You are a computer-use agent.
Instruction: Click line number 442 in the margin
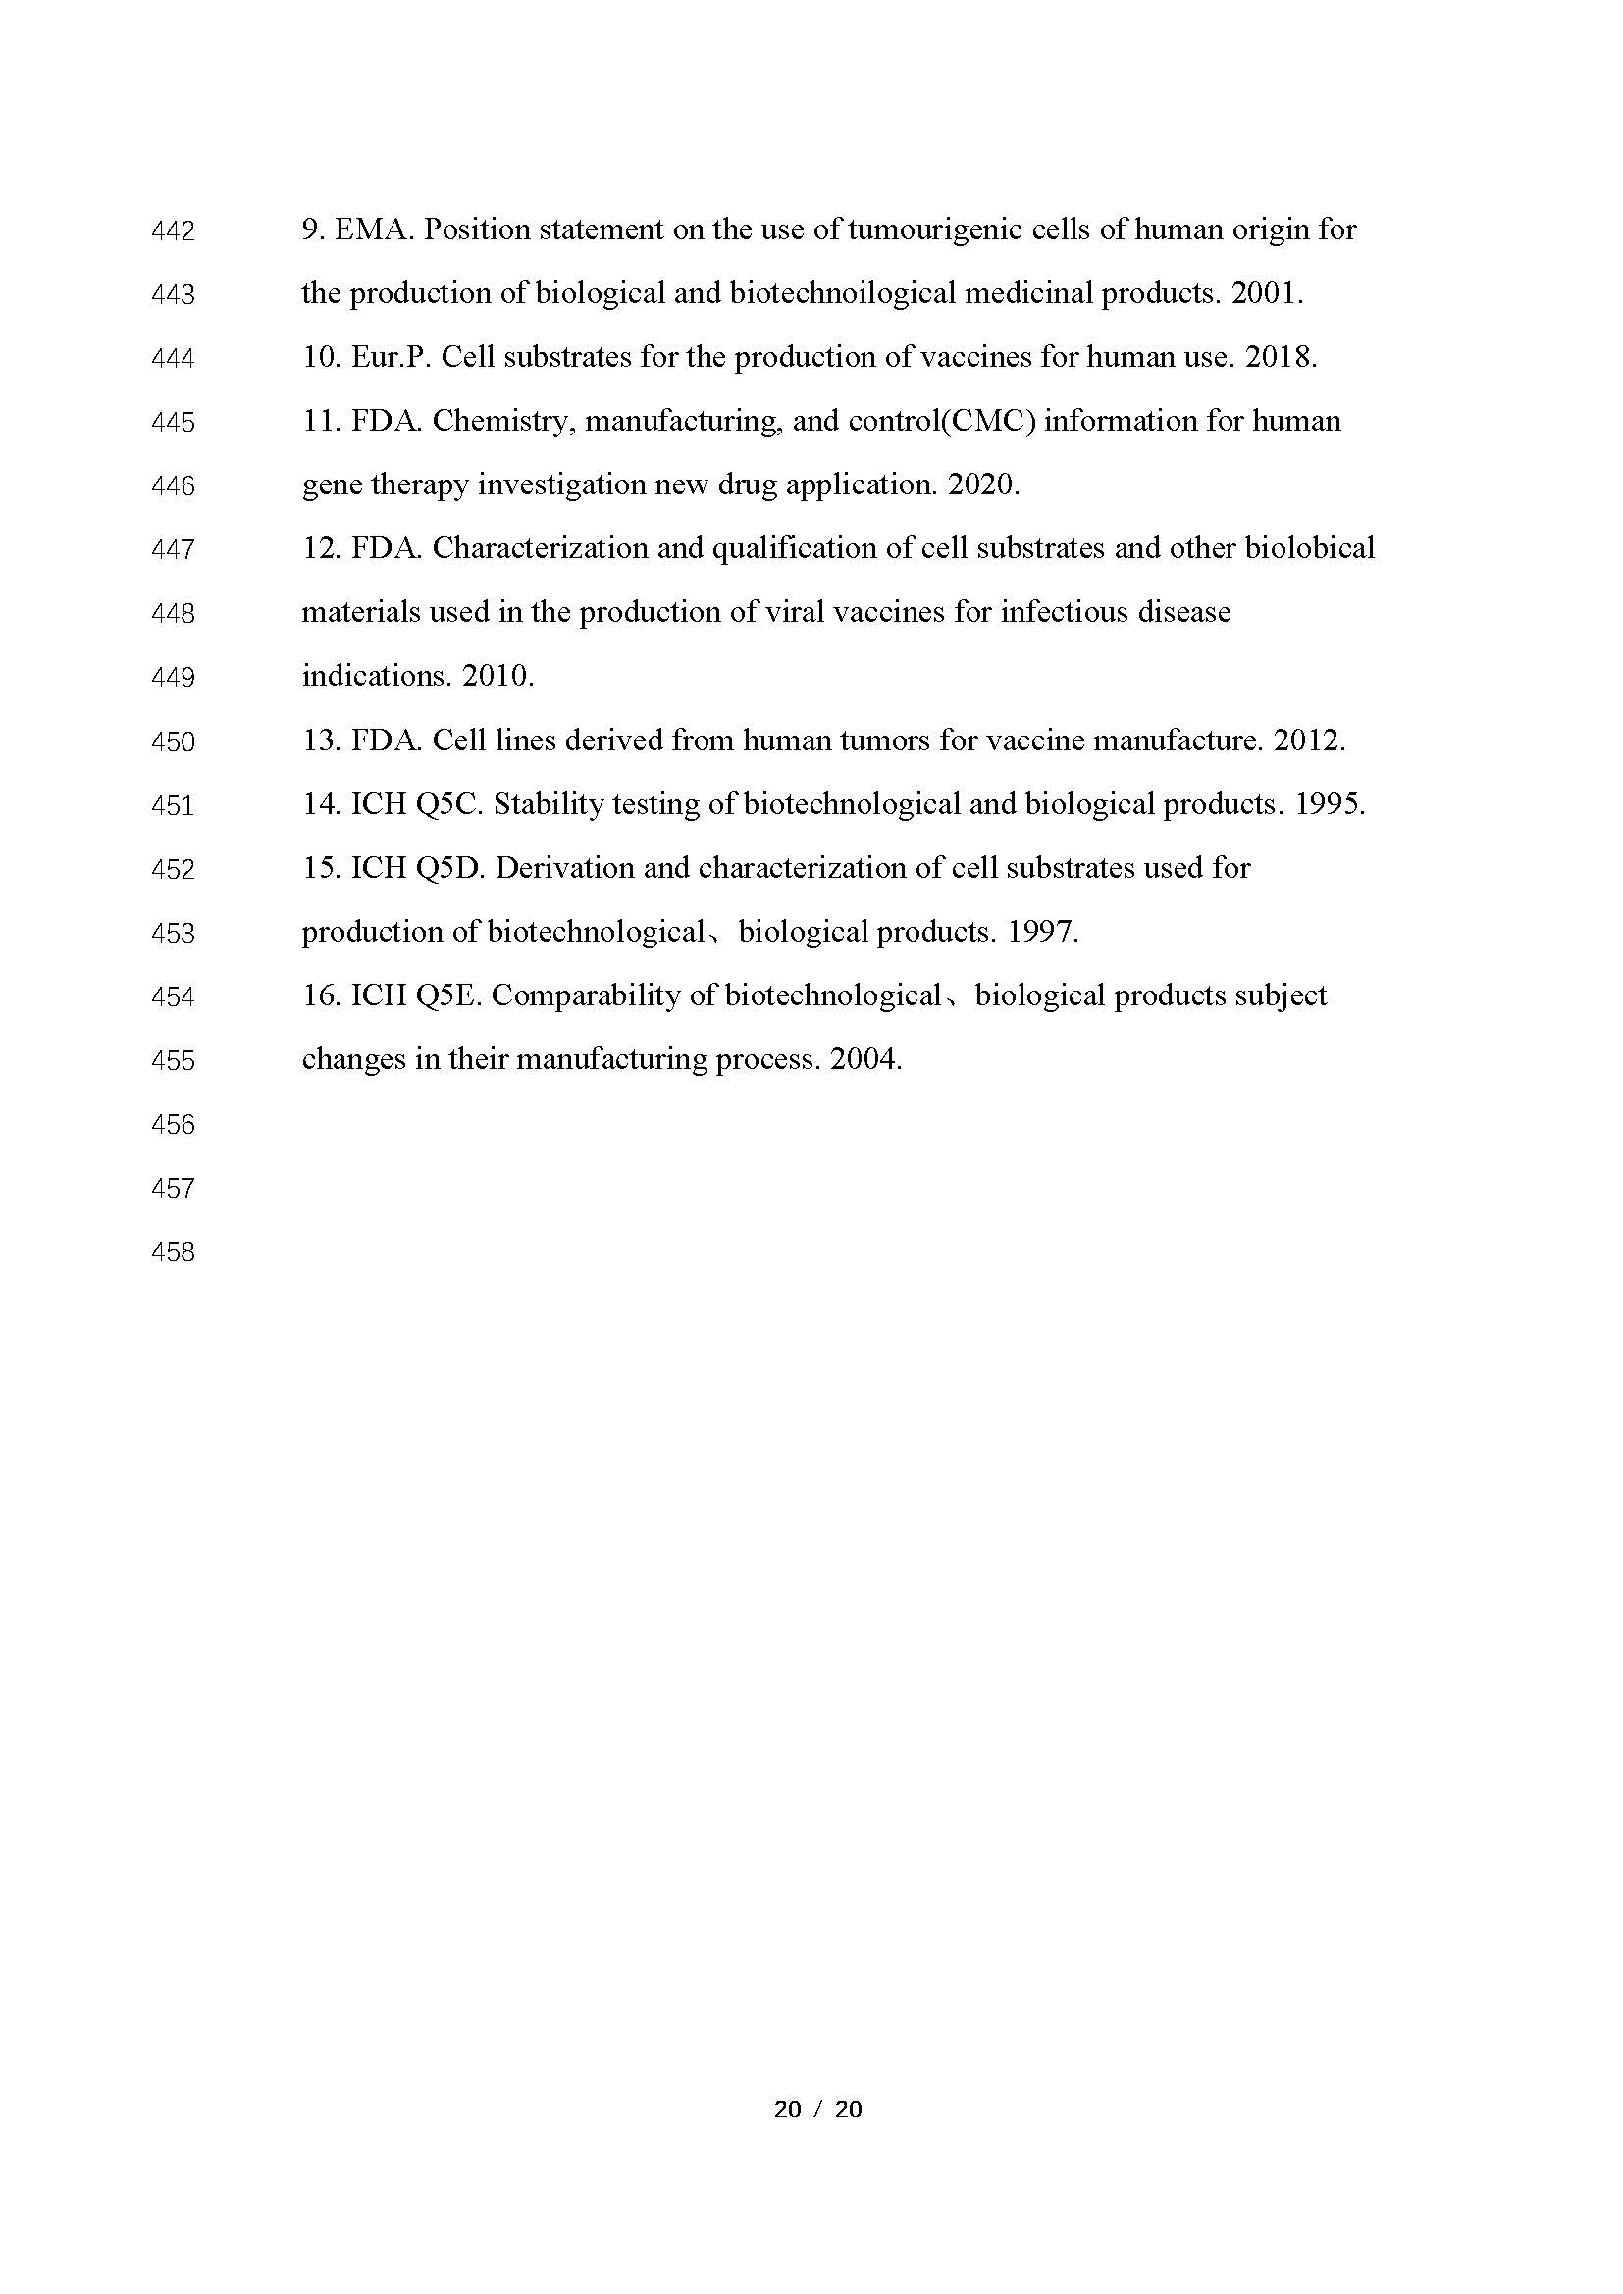[173, 230]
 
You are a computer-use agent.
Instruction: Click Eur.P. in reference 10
[391, 357]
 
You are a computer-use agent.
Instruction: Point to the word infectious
[1066, 611]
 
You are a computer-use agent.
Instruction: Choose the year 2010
[497, 676]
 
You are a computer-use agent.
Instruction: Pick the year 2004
[865, 1059]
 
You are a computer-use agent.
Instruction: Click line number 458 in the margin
[173, 1251]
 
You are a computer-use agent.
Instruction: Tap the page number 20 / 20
[817, 2110]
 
